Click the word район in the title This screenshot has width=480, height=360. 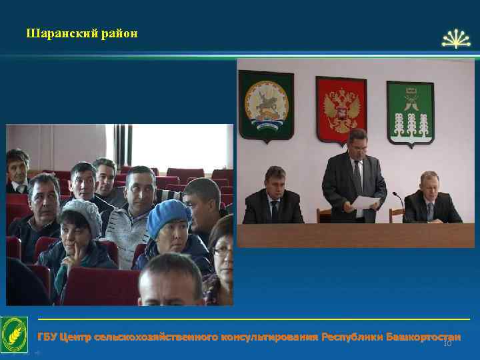click(x=120, y=33)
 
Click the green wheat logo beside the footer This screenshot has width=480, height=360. click(x=14, y=334)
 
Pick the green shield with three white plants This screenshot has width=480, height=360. click(x=410, y=111)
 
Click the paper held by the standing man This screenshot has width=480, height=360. click(x=366, y=202)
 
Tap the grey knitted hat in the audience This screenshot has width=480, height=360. click(x=81, y=212)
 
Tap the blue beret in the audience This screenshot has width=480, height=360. click(x=167, y=215)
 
